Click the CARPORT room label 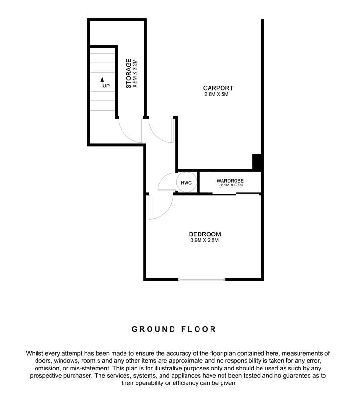click(x=218, y=88)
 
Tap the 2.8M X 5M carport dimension click(x=218, y=95)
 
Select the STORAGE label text click(x=129, y=74)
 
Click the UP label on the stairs click(x=106, y=86)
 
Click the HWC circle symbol click(x=186, y=183)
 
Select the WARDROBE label click(x=230, y=180)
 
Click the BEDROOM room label click(x=205, y=234)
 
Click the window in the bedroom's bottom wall click(x=202, y=279)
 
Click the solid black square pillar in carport click(x=257, y=161)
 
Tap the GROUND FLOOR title click(x=174, y=329)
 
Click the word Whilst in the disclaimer click(x=36, y=353)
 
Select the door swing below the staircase click(x=130, y=129)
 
